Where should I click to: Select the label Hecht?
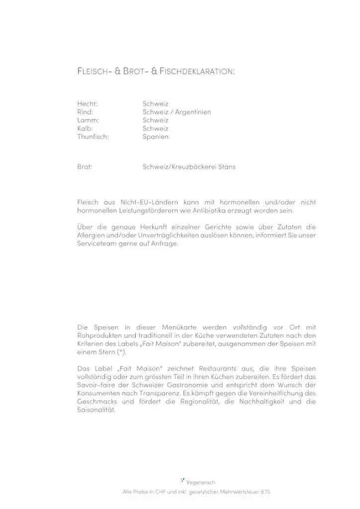tap(87, 104)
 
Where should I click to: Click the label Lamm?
tap(88, 120)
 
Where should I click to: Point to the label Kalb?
tap(86, 128)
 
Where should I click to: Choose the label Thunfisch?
tap(92, 137)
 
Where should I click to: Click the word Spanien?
tap(155, 137)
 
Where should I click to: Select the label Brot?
tap(84, 167)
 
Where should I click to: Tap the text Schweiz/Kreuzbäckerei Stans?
tap(188, 167)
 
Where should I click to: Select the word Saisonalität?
tap(96, 411)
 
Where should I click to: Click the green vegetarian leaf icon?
tap(183, 480)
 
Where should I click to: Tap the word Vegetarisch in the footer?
tap(201, 482)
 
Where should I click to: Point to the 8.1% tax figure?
tap(265, 492)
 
